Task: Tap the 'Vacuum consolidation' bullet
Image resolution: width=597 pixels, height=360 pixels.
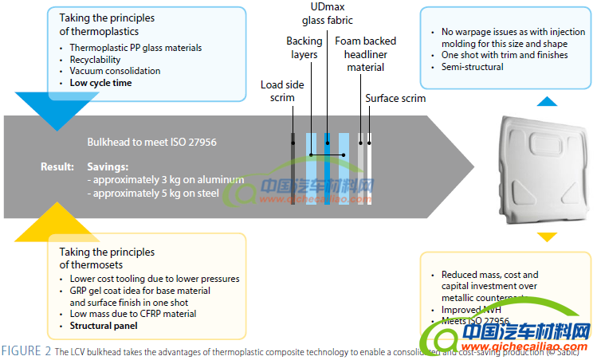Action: click(x=115, y=71)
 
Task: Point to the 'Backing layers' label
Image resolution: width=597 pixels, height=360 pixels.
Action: click(x=304, y=47)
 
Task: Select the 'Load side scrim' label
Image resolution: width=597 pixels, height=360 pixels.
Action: click(x=277, y=91)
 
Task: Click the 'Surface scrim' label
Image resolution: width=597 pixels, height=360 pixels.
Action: click(x=395, y=99)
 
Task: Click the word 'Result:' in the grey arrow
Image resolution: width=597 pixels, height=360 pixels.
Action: click(x=57, y=166)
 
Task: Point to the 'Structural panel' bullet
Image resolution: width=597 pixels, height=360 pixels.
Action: click(x=104, y=326)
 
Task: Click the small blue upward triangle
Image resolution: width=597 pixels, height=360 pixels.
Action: click(x=546, y=101)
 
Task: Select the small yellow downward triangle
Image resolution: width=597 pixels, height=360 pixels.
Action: click(x=546, y=237)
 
